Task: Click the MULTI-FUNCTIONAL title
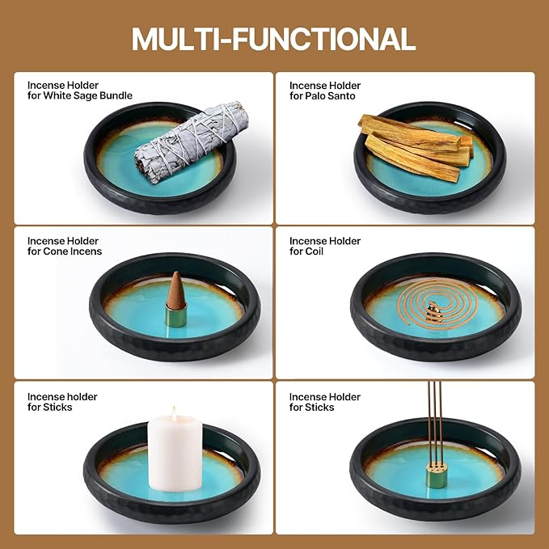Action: (273, 39)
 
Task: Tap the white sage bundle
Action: (192, 142)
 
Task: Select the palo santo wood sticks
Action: (416, 147)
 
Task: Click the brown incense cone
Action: (176, 290)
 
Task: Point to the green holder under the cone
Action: (176, 315)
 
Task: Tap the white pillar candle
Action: (175, 453)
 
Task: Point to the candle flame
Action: (174, 413)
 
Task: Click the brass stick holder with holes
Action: (437, 475)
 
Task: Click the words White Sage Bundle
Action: (88, 95)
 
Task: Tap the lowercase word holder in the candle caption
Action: (83, 397)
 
